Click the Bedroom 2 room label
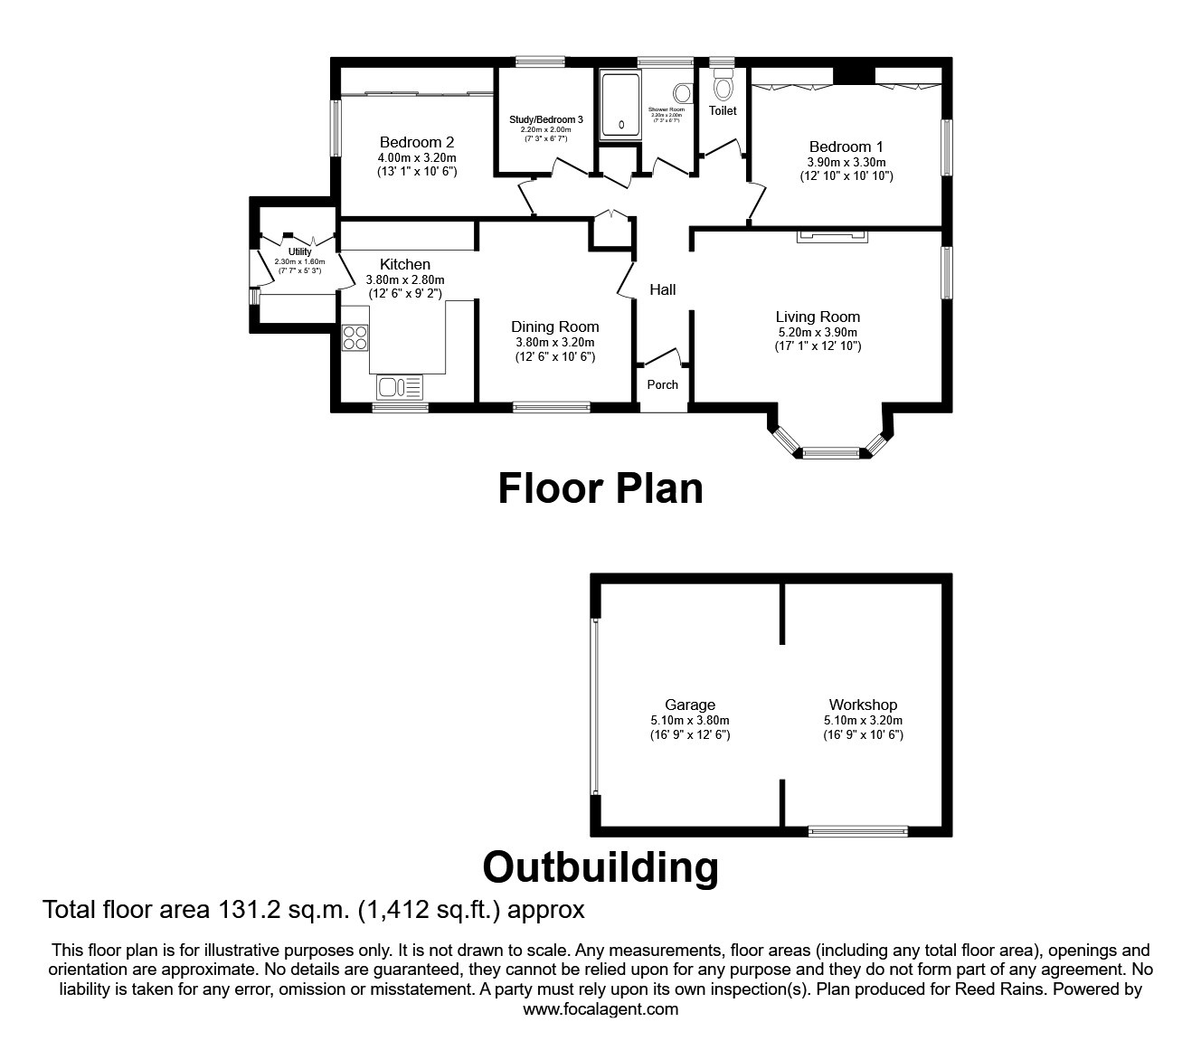click(x=416, y=142)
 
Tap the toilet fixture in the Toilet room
click(x=723, y=87)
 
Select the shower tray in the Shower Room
click(x=620, y=104)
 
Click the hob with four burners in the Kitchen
click(x=355, y=337)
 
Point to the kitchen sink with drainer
click(x=400, y=387)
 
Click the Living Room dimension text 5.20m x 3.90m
click(x=818, y=332)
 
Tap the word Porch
click(x=662, y=384)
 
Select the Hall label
click(x=662, y=289)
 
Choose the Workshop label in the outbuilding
click(x=863, y=705)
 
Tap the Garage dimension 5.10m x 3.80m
click(x=690, y=720)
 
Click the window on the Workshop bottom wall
click(x=857, y=830)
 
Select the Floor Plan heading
click(x=600, y=488)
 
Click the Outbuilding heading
click(x=600, y=866)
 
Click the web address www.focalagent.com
click(x=600, y=1009)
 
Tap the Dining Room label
click(x=554, y=326)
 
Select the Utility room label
click(x=299, y=251)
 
